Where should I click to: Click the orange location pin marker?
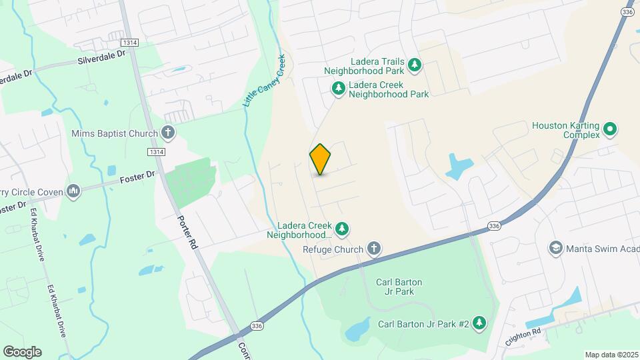coord(320,159)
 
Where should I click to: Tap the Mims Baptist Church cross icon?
coord(168,133)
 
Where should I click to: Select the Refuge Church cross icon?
coord(374,249)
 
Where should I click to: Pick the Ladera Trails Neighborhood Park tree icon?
coord(415,65)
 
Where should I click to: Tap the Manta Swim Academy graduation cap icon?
coord(555,249)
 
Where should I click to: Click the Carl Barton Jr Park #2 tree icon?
coord(479,324)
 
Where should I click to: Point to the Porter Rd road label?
coord(187,231)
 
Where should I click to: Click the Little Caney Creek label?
coord(263,81)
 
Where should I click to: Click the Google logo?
coord(22,352)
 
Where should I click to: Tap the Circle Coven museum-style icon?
coord(73,193)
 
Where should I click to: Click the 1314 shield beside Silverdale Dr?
coord(130,43)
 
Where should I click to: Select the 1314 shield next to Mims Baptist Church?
coord(157,152)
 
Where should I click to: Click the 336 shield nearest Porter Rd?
coord(257,325)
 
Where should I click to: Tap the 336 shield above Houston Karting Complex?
coord(627,12)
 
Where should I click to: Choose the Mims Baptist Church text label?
coord(115,133)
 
